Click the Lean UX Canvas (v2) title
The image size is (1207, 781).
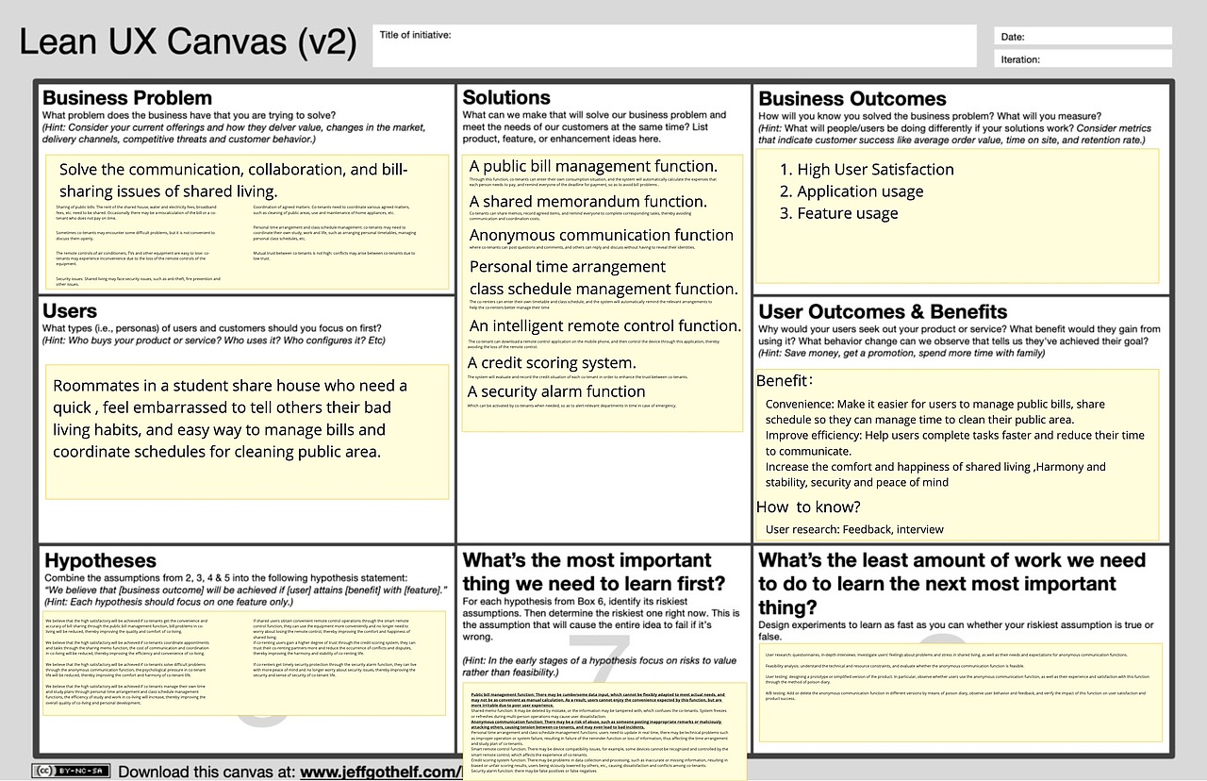tap(189, 43)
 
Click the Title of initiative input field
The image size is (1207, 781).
tap(674, 46)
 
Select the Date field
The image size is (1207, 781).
tap(1083, 37)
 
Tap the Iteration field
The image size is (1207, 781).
tap(1083, 59)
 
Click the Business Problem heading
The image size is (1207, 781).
tap(127, 98)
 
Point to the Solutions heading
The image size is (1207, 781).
tap(506, 98)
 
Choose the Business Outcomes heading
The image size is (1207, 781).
tap(852, 99)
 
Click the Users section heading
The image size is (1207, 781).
tap(70, 311)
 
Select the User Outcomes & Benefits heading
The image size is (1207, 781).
tap(883, 312)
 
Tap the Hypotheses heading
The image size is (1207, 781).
tap(99, 560)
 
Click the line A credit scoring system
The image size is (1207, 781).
tap(553, 363)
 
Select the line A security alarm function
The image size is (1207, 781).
tap(557, 391)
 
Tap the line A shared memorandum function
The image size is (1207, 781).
tap(587, 201)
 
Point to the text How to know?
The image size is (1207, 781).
tap(808, 507)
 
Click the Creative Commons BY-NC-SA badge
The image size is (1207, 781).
tap(69, 771)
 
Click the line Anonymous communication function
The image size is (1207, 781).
tap(602, 235)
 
